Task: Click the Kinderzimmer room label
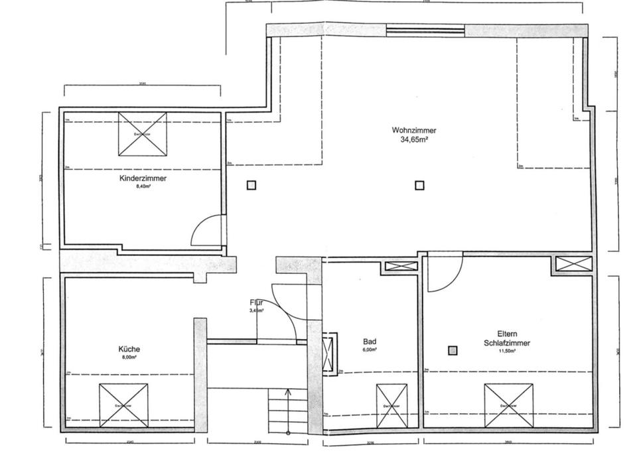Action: (x=143, y=179)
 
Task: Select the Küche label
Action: (x=129, y=349)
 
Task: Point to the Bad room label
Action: (x=370, y=342)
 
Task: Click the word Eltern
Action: (x=507, y=334)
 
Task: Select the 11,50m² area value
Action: (x=507, y=352)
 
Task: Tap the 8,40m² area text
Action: (x=143, y=187)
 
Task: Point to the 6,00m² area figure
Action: (x=370, y=350)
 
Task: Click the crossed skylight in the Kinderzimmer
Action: (x=142, y=133)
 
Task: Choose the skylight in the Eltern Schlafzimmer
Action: (x=508, y=405)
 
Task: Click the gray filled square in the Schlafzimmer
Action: (x=453, y=350)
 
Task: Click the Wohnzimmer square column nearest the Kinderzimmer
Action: (x=251, y=186)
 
